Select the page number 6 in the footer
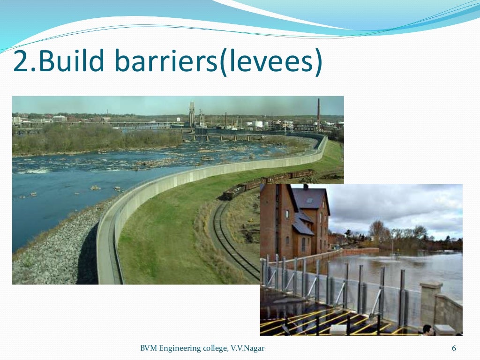[x=454, y=348]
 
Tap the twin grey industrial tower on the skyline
[x=192, y=114]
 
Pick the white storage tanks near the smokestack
[x=258, y=124]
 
